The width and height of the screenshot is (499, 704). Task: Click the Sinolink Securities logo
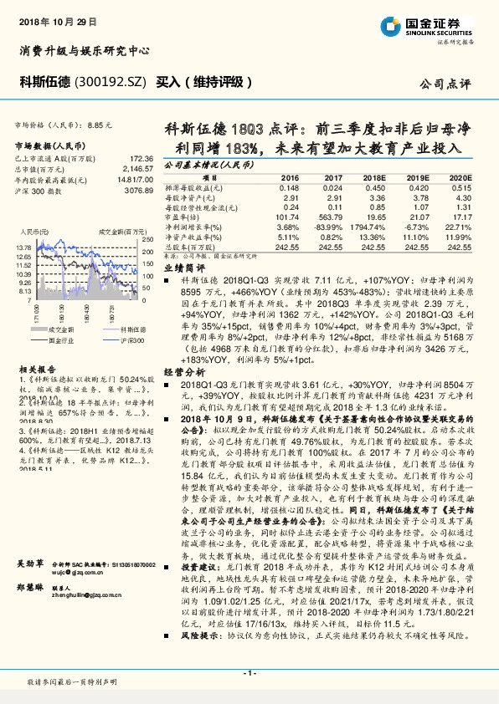444,24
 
